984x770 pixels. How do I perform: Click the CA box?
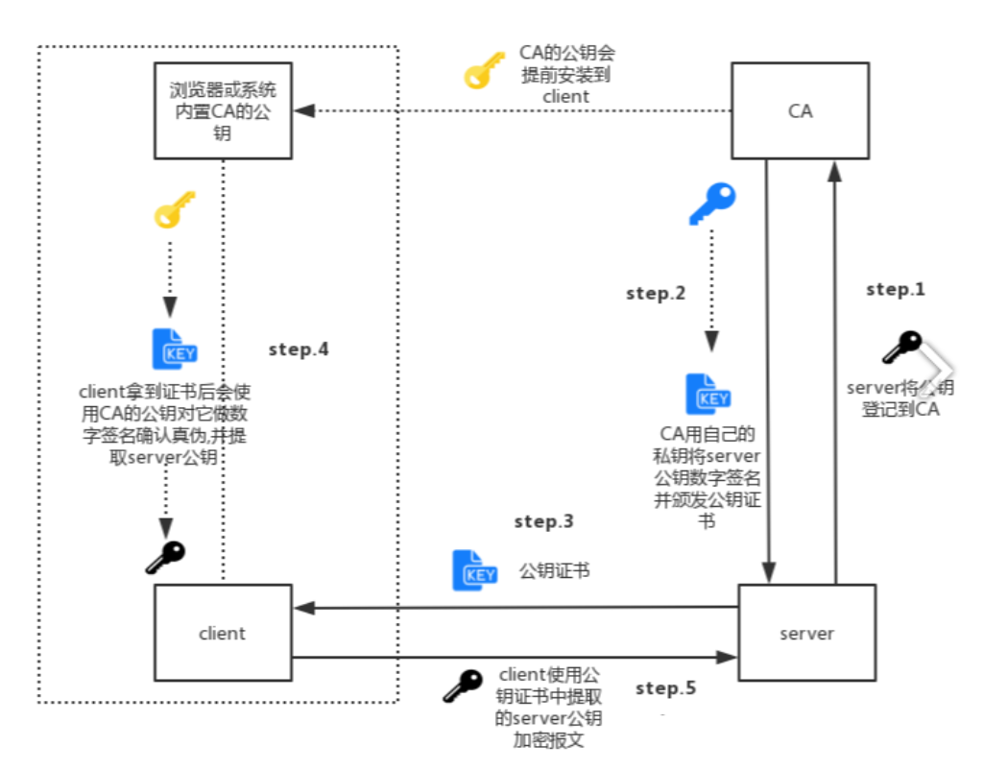point(800,111)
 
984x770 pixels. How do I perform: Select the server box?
point(806,634)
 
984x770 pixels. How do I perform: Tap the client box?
point(222,634)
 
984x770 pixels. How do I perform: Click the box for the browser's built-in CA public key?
point(222,111)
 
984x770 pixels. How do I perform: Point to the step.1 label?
point(895,289)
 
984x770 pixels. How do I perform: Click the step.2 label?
point(656,294)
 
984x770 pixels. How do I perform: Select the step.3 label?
point(543,521)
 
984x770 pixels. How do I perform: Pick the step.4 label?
point(300,349)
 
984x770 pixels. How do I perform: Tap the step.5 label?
point(665,687)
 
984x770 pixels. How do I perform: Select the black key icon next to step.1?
point(901,347)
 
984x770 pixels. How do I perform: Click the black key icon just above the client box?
point(165,557)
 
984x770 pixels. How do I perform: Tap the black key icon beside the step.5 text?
point(462,685)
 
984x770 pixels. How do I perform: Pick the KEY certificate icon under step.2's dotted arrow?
point(708,394)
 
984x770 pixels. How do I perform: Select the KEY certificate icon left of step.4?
point(175,349)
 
